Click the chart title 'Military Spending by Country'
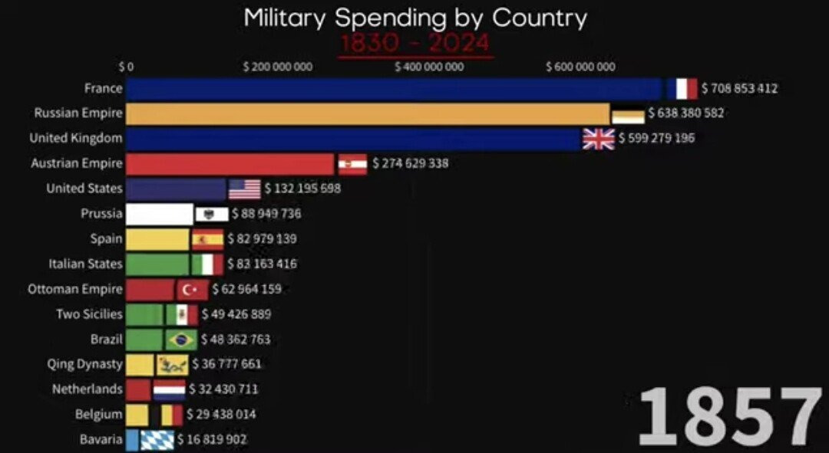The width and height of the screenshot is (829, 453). click(x=414, y=17)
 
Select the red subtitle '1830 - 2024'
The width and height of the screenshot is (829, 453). click(x=414, y=43)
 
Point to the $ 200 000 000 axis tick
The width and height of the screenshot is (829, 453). click(x=277, y=67)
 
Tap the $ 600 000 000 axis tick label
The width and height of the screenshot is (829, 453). click(x=580, y=67)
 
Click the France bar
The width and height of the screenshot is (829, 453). click(x=394, y=89)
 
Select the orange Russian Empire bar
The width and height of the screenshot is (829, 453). click(x=368, y=113)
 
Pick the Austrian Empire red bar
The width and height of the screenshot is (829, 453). click(x=230, y=163)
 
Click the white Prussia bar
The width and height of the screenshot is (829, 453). click(x=159, y=214)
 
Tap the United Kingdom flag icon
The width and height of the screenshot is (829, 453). click(x=599, y=139)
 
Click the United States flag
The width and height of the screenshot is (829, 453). click(x=245, y=189)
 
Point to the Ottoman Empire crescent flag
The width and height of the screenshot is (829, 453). click(x=192, y=290)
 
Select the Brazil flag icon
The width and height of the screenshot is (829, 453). click(x=181, y=340)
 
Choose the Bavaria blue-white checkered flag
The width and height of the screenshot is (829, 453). click(x=157, y=440)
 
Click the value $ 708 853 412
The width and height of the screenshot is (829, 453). click(x=739, y=89)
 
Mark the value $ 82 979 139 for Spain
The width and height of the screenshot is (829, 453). click(x=263, y=239)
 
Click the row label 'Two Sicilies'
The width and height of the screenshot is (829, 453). click(x=89, y=314)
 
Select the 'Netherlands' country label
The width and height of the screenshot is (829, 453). click(x=87, y=389)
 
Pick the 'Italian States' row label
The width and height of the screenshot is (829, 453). click(x=85, y=264)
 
